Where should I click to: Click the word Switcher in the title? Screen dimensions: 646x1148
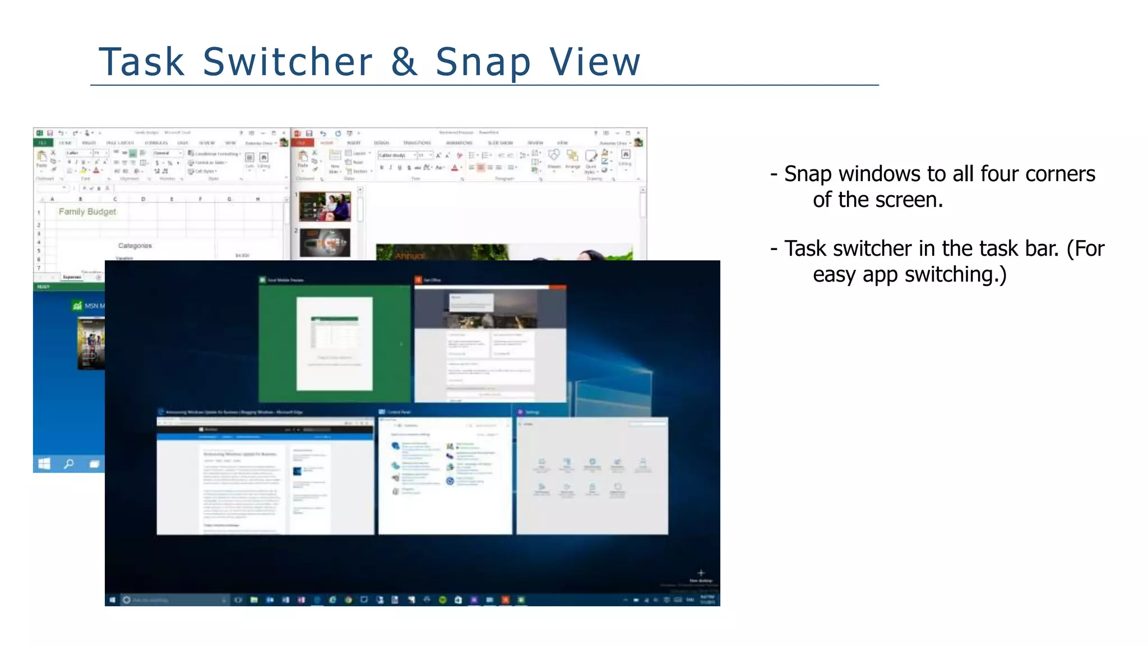[287, 62]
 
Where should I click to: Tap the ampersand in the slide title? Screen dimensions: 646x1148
[405, 62]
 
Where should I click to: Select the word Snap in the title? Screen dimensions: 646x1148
[483, 63]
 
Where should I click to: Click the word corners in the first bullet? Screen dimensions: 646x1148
[1059, 174]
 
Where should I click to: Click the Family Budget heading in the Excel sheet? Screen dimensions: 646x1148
[87, 211]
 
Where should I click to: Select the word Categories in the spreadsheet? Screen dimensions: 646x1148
[135, 246]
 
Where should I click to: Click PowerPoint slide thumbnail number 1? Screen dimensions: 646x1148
[325, 206]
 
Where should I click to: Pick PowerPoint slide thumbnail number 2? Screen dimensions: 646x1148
[325, 242]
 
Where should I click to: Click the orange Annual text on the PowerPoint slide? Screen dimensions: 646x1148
[410, 256]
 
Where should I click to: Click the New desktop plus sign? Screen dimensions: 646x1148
[701, 573]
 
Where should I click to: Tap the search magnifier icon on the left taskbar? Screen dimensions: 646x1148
[69, 464]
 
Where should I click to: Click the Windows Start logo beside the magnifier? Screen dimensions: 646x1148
[44, 464]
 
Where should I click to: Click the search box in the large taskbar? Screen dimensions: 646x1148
[174, 600]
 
